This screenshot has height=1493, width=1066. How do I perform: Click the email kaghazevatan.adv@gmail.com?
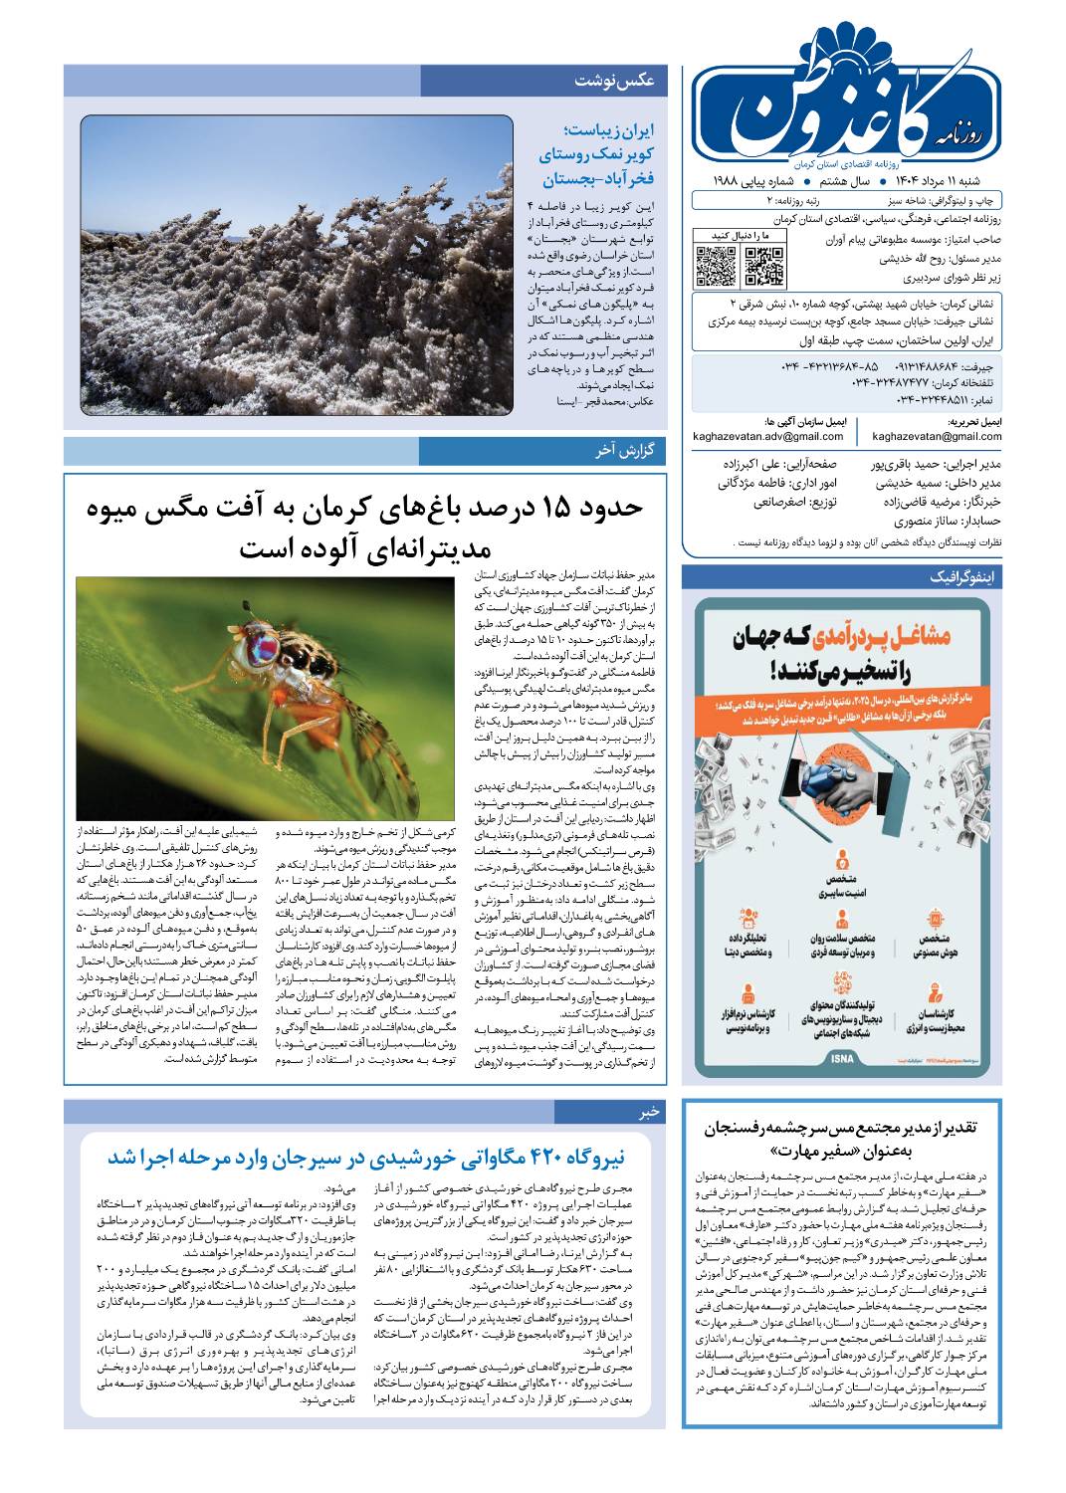pos(769,436)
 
